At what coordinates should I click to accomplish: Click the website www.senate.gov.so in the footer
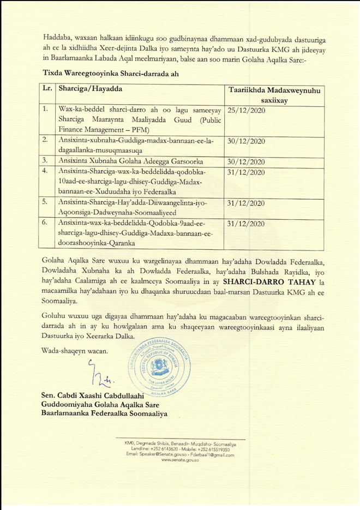point(179,460)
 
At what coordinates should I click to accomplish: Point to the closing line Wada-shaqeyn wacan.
point(74,350)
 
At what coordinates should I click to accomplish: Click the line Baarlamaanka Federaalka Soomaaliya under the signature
point(104,413)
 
